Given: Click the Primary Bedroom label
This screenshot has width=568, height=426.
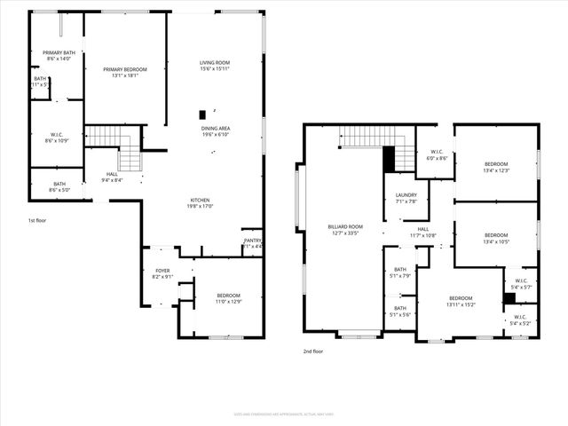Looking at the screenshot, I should [x=124, y=69].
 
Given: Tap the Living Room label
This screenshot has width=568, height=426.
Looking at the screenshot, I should [x=215, y=62].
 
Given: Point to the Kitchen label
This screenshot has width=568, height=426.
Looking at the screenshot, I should [x=200, y=200].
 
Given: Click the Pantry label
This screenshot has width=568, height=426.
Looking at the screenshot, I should [x=253, y=240].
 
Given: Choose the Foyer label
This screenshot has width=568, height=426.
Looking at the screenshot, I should [x=162, y=271].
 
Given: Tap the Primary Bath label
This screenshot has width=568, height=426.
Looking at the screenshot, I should [x=59, y=52].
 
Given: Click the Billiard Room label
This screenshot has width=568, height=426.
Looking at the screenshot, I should [x=345, y=227].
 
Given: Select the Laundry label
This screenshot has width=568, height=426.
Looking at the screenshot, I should [x=406, y=194].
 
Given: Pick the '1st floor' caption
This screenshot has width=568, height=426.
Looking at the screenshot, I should [x=38, y=219].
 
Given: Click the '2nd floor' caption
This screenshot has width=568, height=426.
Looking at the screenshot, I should [x=313, y=351].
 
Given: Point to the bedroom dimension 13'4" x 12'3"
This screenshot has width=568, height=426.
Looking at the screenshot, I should [x=496, y=170].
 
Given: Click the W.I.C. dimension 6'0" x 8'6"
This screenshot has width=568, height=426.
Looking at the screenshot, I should [x=436, y=158].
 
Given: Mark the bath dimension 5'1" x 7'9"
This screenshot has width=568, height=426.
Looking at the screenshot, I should [x=400, y=275].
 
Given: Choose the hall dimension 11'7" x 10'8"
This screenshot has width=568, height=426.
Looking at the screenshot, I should [x=423, y=235].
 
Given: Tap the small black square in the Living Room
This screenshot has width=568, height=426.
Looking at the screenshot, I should [x=202, y=114].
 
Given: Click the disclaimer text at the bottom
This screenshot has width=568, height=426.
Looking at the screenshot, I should [x=284, y=414].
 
